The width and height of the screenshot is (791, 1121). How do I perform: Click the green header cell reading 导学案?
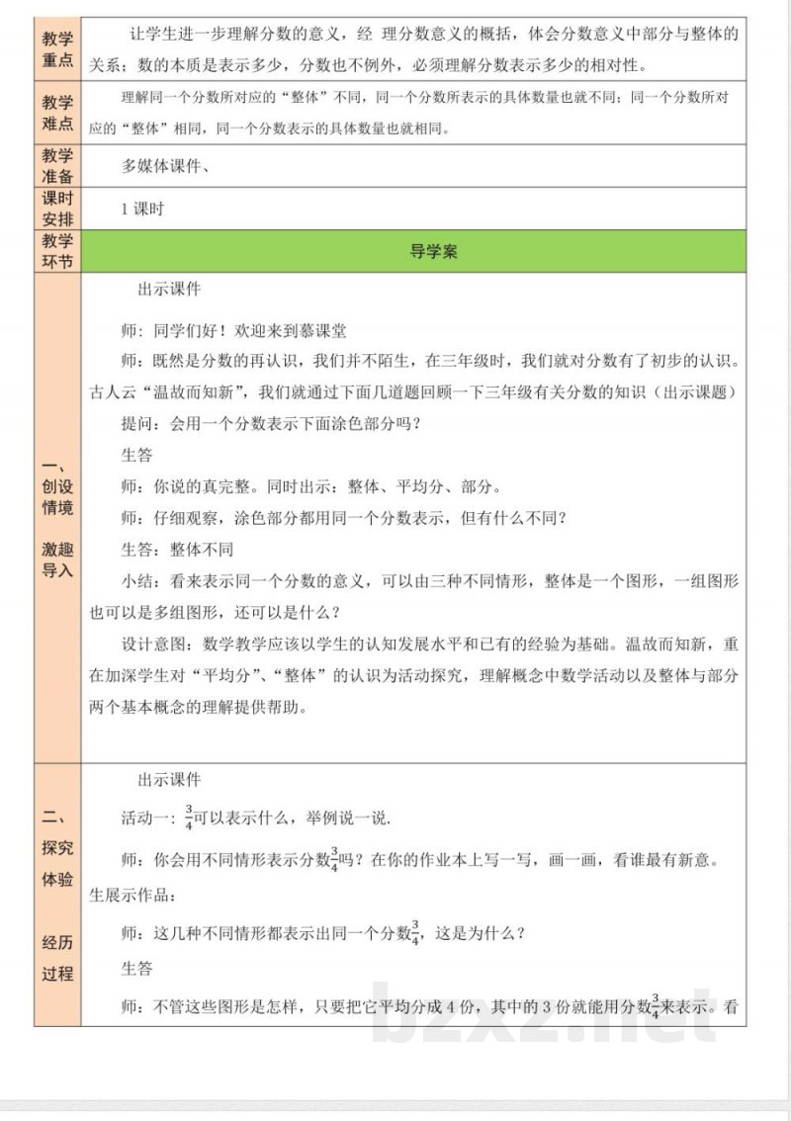coord(433,252)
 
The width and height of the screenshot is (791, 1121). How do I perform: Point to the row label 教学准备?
coord(58,166)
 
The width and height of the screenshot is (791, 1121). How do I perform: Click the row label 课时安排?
coord(58,209)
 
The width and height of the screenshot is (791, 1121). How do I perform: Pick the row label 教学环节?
coord(58,252)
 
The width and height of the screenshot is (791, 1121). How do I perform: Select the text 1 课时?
coord(141,210)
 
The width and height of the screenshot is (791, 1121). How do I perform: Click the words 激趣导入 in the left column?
coord(57,560)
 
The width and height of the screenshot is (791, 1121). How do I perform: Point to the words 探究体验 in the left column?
coord(57,863)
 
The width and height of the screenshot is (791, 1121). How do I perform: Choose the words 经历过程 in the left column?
coord(57,957)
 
